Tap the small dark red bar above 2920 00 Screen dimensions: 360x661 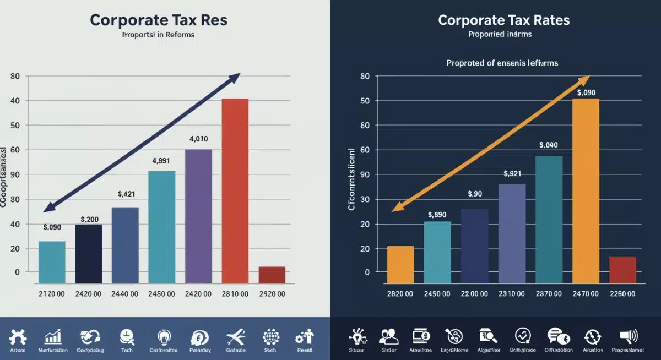pos(272,275)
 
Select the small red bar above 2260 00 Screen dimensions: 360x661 pos(622,270)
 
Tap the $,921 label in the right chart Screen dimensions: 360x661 pos(512,174)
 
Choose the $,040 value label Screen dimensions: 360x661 pos(549,145)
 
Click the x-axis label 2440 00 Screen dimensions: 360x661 pos(125,294)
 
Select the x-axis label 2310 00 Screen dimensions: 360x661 pos(512,294)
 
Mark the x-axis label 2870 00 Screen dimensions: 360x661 pos(548,294)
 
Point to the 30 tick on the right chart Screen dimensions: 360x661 pos(364,199)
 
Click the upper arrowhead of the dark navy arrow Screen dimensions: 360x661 pos(236,77)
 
